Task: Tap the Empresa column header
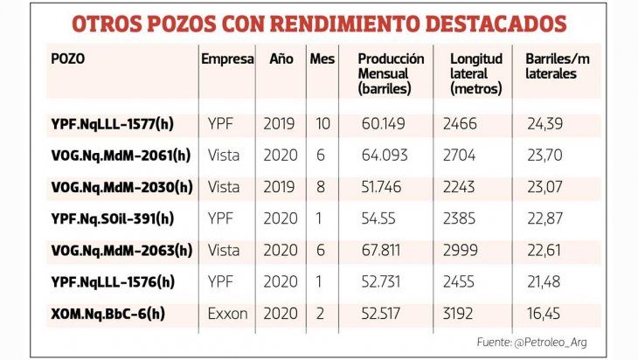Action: pos(227,59)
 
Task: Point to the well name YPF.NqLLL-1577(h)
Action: pos(112,123)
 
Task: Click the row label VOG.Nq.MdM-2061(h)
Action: pos(120,155)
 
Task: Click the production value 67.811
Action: pos(383,250)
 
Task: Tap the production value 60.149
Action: pos(383,123)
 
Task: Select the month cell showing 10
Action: pos(322,123)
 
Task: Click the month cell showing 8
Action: pos(322,186)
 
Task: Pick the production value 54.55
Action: pos(378,218)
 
